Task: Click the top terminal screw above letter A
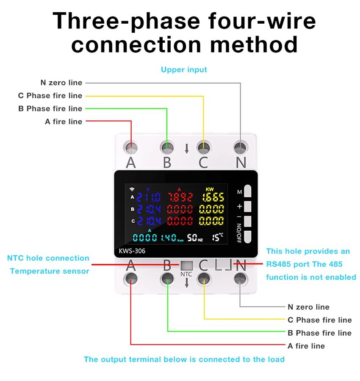tap(131, 147)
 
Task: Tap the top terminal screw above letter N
tap(240, 147)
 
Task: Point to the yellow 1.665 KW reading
tap(213, 197)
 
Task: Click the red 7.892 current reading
tap(180, 197)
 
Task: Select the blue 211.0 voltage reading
tap(148, 197)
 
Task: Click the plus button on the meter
tap(248, 207)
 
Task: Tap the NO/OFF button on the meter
tap(248, 236)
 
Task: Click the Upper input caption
tap(184, 69)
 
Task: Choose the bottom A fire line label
tap(306, 346)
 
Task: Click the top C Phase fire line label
tap(50, 96)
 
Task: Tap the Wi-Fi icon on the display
tap(132, 189)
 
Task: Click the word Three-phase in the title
tap(127, 21)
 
